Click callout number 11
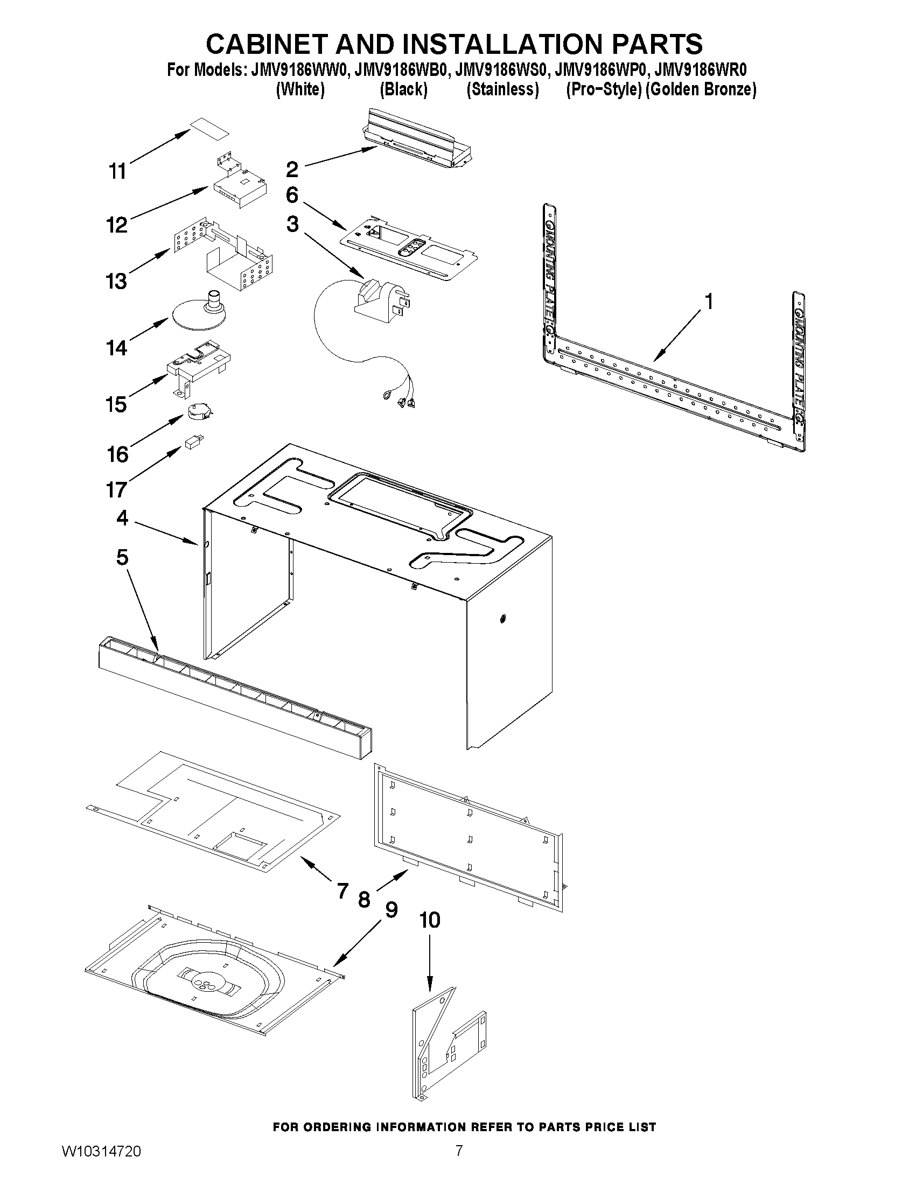click(x=118, y=171)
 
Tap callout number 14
click(x=117, y=348)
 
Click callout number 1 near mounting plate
click(x=708, y=301)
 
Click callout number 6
click(x=292, y=195)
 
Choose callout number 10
click(x=430, y=920)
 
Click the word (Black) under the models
click(x=403, y=89)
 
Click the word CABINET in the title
click(x=267, y=44)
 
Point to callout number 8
click(x=364, y=900)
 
